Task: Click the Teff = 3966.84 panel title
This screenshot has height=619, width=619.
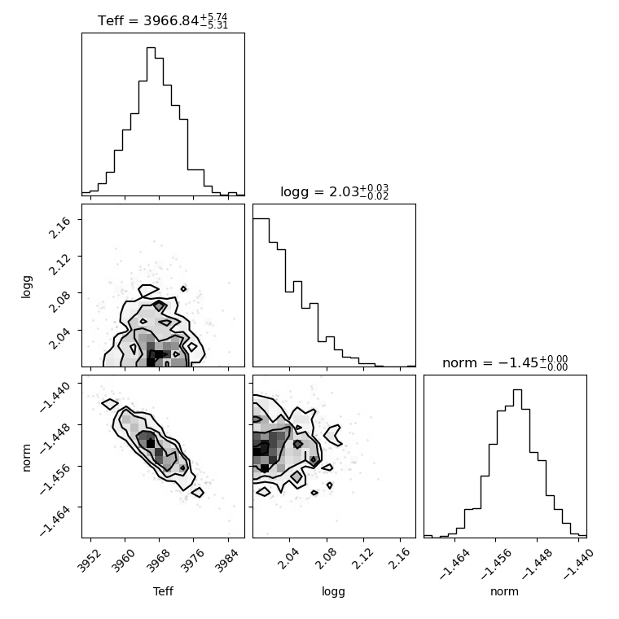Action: (163, 20)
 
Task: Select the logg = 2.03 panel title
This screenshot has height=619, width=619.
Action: (334, 192)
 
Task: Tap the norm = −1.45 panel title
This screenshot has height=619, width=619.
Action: (505, 362)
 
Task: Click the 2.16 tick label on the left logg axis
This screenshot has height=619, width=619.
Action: (60, 227)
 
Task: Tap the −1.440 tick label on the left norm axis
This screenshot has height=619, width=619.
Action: (55, 397)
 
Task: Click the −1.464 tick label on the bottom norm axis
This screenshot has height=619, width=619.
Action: (454, 564)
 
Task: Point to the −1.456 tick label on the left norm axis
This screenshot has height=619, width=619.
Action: (55, 480)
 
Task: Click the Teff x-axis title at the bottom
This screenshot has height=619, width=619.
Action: (163, 591)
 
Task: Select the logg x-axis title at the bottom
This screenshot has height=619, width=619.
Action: (334, 591)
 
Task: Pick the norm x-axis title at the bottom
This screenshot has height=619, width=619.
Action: (504, 591)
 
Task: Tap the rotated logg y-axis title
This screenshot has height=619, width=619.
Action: (26, 287)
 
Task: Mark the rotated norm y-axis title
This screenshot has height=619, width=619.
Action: (26, 458)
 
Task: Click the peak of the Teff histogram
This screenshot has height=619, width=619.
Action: (151, 48)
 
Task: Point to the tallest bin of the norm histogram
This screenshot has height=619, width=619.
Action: (517, 390)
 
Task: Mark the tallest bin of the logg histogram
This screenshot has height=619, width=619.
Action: (261, 219)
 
